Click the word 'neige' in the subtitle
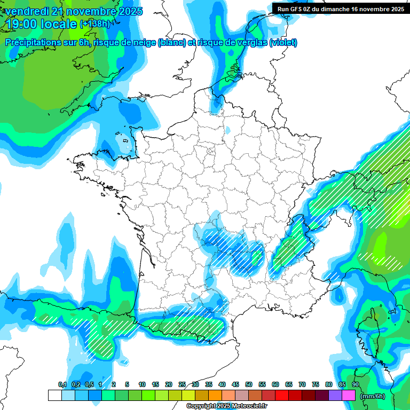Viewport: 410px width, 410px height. [x=142, y=43]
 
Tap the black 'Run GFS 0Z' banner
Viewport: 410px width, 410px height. [x=340, y=9]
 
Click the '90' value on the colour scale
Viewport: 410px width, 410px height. [x=355, y=384]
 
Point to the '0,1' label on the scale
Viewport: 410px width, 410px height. [x=62, y=384]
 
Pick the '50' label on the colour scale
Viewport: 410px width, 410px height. [x=249, y=384]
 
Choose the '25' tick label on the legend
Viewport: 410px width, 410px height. [x=182, y=384]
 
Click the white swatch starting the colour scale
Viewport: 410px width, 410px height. [x=54, y=396]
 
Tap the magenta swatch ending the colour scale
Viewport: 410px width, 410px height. [x=349, y=396]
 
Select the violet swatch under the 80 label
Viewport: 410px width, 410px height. [x=335, y=396]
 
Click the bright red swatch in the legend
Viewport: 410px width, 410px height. [x=282, y=396]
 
